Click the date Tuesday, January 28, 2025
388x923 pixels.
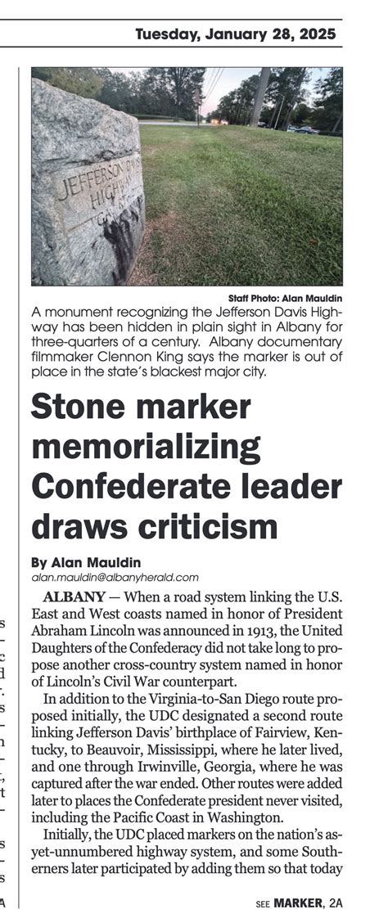tap(238, 34)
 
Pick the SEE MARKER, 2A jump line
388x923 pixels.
tap(300, 903)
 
